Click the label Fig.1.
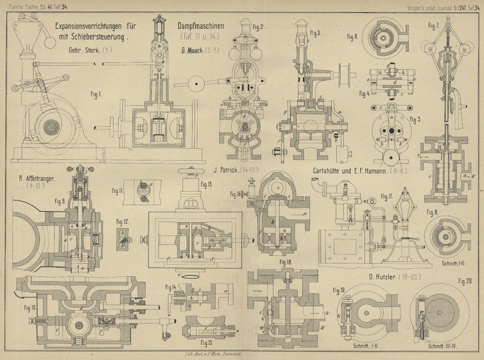coord(95,94)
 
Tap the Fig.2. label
coord(259,27)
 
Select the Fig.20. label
coord(465,281)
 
